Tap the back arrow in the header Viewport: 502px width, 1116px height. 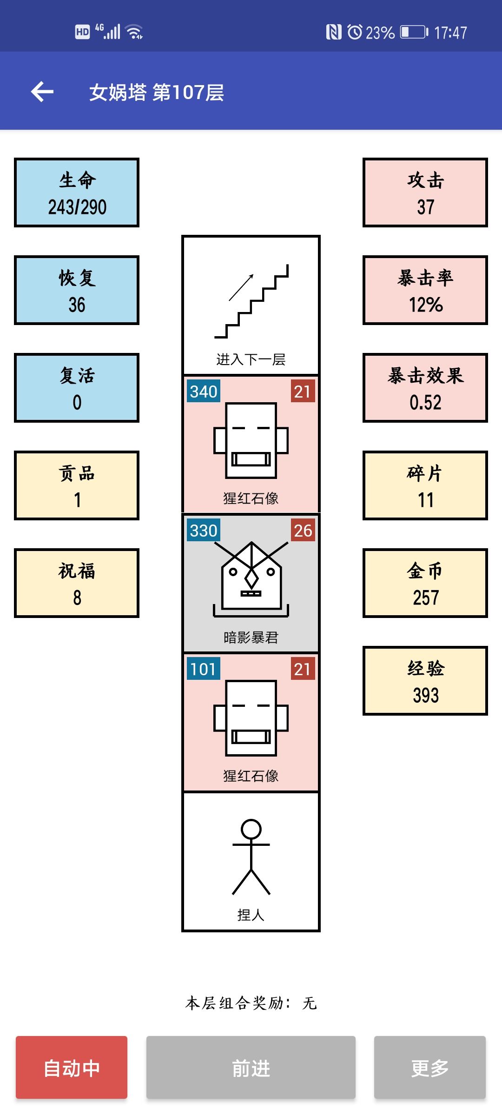point(42,91)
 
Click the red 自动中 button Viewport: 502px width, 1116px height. point(72,1067)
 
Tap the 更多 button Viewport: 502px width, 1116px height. point(430,1067)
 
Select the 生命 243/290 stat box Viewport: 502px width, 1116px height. point(77,193)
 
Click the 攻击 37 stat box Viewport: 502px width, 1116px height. point(425,193)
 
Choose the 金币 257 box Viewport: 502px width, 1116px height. point(425,583)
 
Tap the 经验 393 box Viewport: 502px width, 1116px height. point(425,681)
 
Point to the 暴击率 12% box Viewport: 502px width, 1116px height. point(425,290)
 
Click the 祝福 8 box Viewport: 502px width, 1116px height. point(77,583)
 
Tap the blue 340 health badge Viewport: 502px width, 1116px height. point(204,391)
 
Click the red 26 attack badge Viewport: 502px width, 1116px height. point(303,530)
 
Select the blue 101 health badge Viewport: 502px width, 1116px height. point(204,669)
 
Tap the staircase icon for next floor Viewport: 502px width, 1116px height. point(251,301)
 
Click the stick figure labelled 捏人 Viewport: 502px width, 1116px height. point(251,857)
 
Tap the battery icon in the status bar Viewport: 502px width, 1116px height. point(414,32)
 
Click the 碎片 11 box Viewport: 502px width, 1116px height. point(425,485)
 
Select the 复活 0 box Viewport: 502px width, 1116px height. point(77,388)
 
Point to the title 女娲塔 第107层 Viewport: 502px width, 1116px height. point(157,92)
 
